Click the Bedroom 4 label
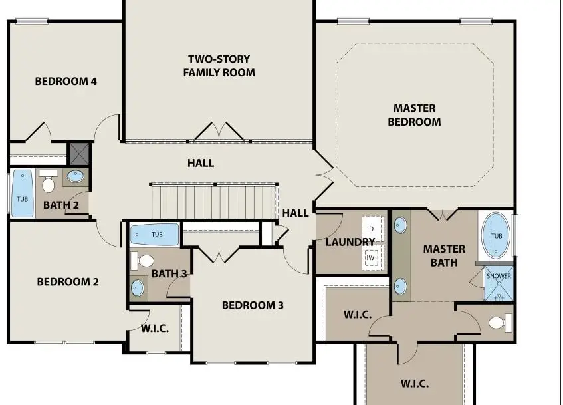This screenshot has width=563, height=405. (x=66, y=82)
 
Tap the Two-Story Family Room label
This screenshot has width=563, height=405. (x=219, y=66)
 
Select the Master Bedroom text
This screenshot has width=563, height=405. (x=414, y=115)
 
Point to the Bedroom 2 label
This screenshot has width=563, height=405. (x=68, y=282)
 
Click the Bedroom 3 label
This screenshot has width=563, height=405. (x=253, y=305)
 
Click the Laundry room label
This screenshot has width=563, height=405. (x=350, y=242)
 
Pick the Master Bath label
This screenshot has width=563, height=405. (x=444, y=255)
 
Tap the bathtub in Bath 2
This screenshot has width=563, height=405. (x=22, y=194)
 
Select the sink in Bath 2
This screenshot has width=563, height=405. (x=76, y=177)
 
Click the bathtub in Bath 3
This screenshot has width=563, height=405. (x=154, y=235)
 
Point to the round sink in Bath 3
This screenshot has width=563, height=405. (x=138, y=287)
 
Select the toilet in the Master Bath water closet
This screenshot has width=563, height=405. (x=499, y=323)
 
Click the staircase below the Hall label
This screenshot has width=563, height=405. (x=213, y=200)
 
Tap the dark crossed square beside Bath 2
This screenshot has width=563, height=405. (x=79, y=154)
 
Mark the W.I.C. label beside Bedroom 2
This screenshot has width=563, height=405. (x=154, y=329)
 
